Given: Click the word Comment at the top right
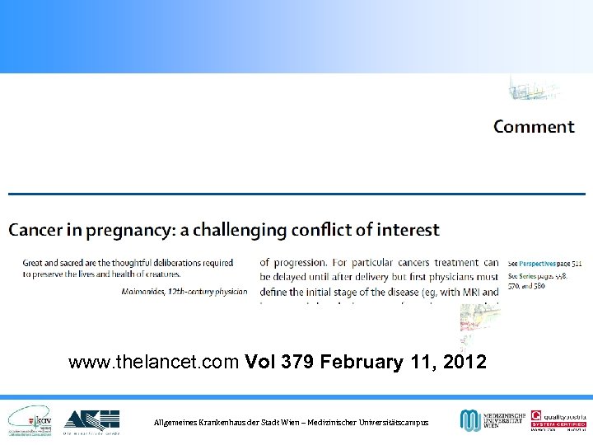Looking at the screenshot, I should (534, 127).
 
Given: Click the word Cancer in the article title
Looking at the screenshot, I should (35, 230).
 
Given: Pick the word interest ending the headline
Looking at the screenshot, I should (408, 230).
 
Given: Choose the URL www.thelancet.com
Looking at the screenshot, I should (155, 362).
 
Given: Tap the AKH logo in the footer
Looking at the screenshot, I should (91, 421).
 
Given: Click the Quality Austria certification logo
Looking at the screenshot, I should (557, 421).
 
